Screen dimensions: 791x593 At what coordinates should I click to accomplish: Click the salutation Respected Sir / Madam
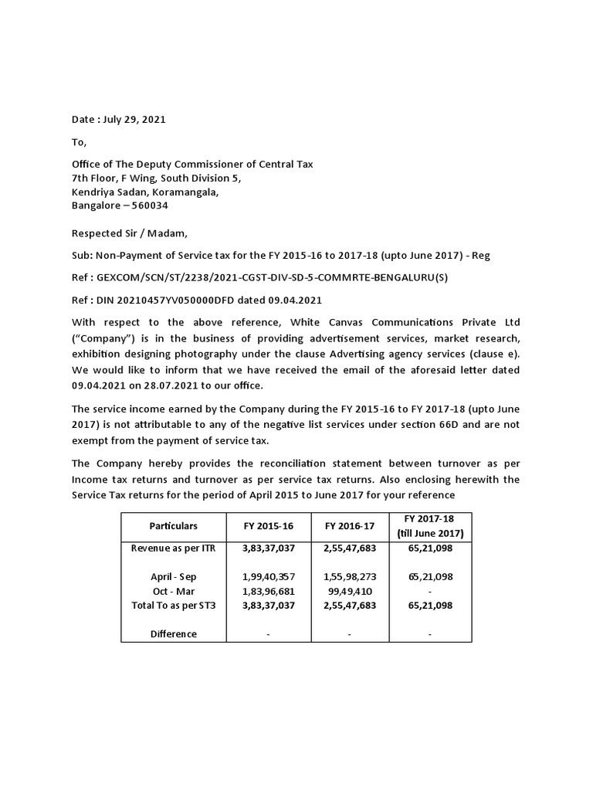tap(129, 233)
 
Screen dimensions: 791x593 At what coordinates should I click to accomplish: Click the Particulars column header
tap(174, 526)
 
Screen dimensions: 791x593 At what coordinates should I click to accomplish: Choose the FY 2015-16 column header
tap(268, 526)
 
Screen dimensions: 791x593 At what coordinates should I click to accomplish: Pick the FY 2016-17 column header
tap(350, 526)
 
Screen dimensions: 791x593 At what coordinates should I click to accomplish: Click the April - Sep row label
tap(174, 576)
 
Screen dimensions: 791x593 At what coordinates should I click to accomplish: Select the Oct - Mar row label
tap(174, 591)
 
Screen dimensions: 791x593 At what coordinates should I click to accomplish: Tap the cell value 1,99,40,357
tap(268, 576)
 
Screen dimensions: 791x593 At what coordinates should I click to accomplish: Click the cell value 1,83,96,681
tap(268, 591)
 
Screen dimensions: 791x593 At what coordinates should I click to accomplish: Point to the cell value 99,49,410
tap(350, 591)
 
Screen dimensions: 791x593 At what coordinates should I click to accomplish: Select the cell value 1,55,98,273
tap(350, 576)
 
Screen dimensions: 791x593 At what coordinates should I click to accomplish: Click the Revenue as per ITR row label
tap(174, 548)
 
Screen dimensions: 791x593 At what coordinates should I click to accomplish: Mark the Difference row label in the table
tap(174, 633)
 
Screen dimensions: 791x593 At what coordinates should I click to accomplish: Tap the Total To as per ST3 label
tap(174, 606)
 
